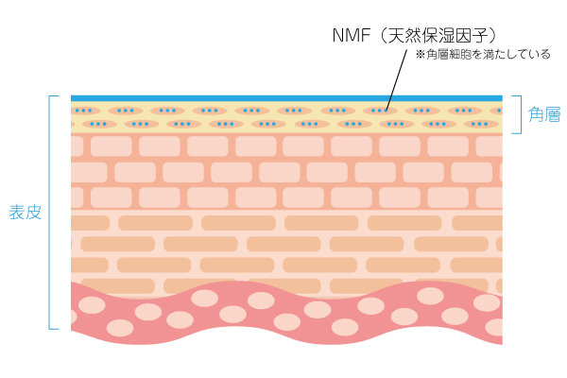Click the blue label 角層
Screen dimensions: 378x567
(544, 115)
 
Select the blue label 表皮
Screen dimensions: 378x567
(25, 212)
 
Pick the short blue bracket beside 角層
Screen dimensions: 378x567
(518, 114)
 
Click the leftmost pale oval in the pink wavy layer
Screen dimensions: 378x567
(92, 305)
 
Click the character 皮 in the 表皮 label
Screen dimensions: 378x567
(33, 212)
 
